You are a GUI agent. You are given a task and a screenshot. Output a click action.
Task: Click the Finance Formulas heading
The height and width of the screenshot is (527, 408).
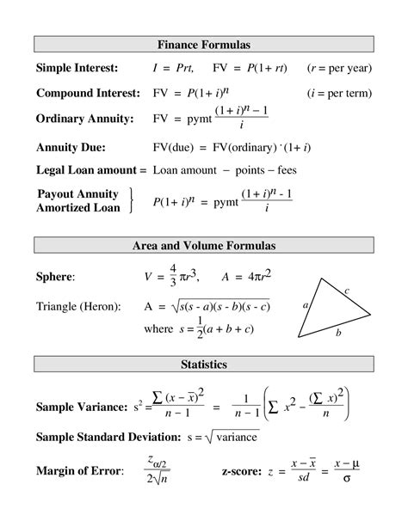203,44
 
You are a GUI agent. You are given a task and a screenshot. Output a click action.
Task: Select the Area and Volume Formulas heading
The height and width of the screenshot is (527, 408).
203,246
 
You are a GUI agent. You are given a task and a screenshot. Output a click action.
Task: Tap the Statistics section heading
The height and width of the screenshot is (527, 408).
203,365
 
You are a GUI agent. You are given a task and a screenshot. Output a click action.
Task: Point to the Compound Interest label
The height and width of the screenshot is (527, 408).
87,93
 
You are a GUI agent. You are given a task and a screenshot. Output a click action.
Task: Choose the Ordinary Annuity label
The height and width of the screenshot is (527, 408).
83,119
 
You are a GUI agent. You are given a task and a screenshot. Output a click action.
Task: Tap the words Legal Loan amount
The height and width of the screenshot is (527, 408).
83,169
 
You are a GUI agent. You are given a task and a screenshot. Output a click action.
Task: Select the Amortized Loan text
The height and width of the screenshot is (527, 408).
78,207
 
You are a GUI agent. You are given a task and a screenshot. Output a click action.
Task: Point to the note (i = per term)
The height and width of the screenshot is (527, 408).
339,93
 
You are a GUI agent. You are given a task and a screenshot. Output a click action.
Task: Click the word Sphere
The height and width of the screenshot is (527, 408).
55,277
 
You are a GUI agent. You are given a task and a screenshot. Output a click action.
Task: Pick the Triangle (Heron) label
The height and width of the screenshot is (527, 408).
78,306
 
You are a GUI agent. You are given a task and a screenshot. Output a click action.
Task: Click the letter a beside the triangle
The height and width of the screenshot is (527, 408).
305,305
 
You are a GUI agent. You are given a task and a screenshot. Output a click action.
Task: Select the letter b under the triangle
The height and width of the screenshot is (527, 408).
338,332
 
